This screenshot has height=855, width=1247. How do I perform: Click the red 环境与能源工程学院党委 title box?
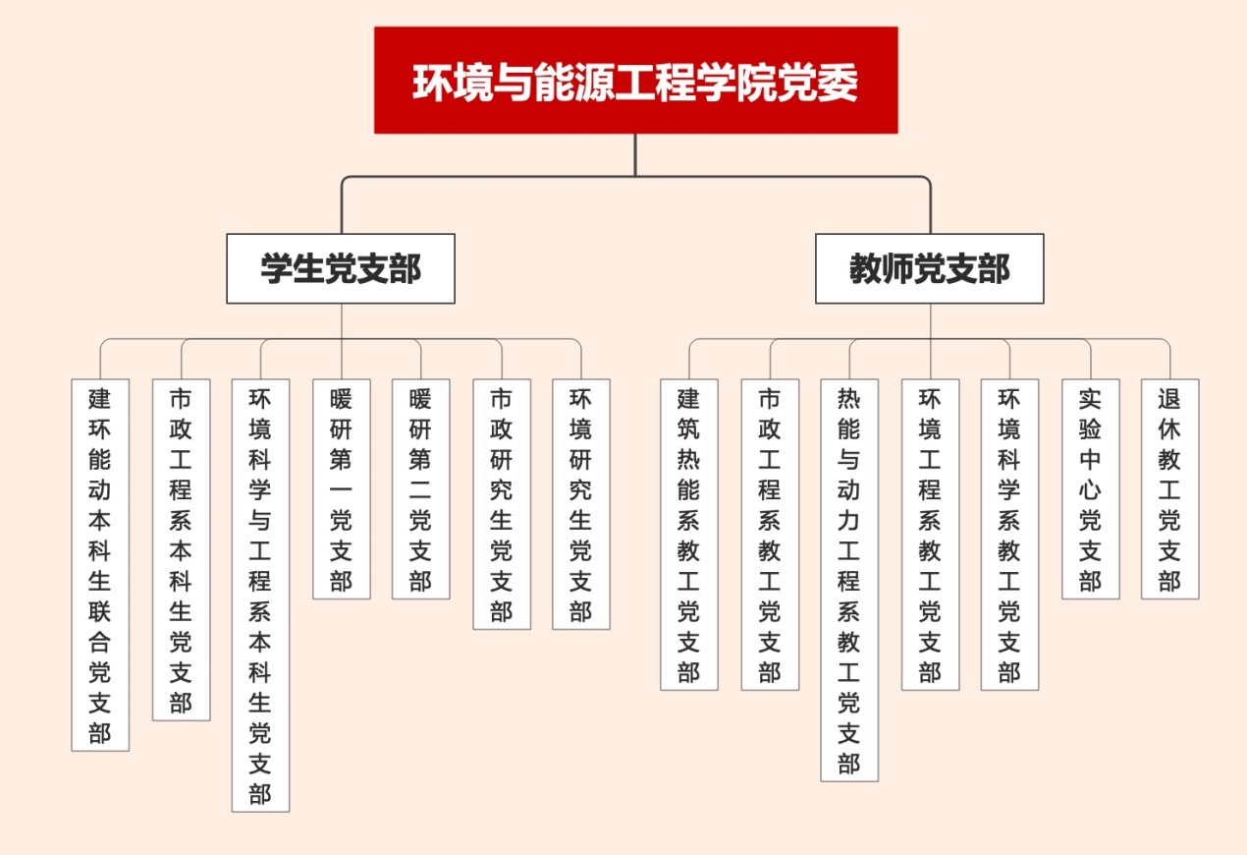(x=635, y=81)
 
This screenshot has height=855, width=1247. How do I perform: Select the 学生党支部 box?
(x=341, y=268)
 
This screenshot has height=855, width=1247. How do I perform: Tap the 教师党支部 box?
(x=929, y=268)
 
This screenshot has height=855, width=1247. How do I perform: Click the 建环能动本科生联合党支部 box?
(x=100, y=565)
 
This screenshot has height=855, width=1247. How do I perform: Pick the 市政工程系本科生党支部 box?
(x=181, y=549)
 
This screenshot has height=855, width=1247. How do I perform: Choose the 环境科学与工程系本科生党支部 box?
(x=260, y=595)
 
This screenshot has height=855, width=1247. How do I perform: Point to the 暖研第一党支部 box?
(x=341, y=488)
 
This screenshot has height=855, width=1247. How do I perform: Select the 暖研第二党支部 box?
(x=420, y=488)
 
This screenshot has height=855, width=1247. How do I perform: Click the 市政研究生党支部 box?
(x=502, y=503)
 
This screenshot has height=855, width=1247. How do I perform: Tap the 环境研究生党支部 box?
(x=580, y=503)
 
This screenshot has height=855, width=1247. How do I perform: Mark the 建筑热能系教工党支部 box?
(x=688, y=534)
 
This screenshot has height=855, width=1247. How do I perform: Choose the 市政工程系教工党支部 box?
(x=769, y=534)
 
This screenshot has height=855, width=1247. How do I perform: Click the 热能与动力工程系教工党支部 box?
(x=849, y=580)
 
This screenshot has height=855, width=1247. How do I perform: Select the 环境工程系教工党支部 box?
(x=930, y=534)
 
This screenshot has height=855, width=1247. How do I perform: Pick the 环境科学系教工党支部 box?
(x=1009, y=534)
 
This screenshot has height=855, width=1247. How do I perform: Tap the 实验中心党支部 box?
(x=1090, y=488)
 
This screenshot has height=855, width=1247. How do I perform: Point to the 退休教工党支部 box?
(x=1169, y=488)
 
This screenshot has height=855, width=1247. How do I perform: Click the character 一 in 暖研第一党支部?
(x=341, y=489)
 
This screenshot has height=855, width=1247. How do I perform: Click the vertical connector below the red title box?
(x=635, y=154)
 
